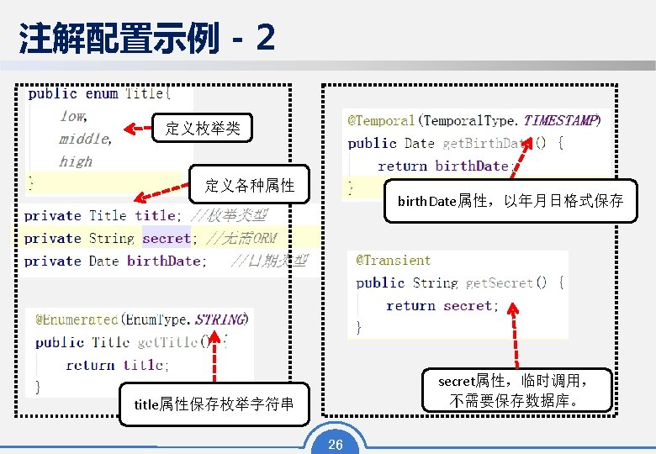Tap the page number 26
pos(335,444)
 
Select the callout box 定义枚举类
pos(203,129)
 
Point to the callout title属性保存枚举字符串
pos(214,404)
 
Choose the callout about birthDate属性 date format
pos(510,201)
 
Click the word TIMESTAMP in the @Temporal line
pos(560,121)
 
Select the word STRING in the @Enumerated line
pos(220,319)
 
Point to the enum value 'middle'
pos(85,139)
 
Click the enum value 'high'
pos(76,161)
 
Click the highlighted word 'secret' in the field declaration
pos(166,239)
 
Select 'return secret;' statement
pos(442,306)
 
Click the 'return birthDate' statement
pos(444,166)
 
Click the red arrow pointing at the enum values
pos(139,129)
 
